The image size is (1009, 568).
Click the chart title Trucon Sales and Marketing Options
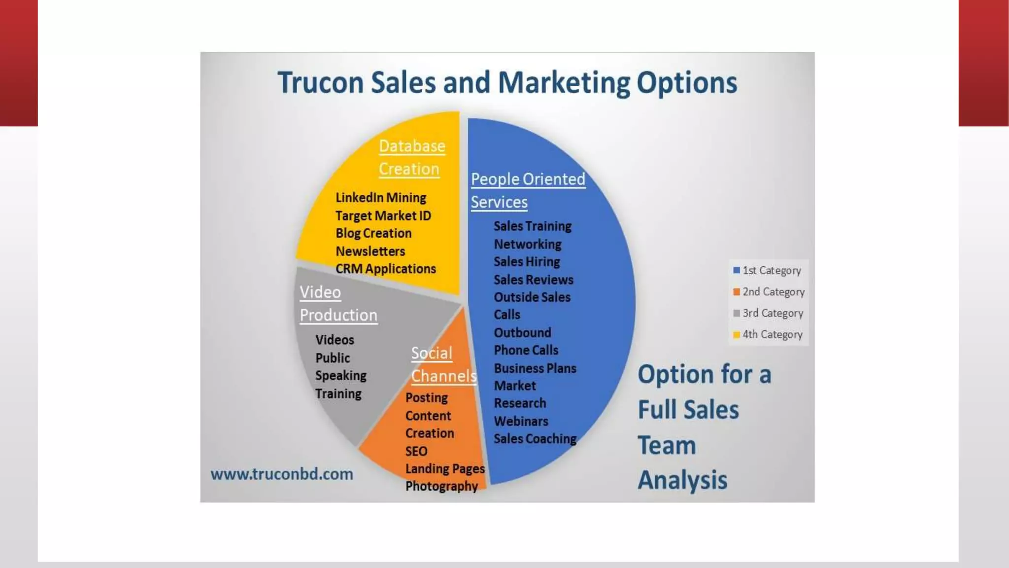[507, 82]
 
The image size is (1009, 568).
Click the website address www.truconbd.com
[282, 474]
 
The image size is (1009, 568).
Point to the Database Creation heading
[411, 157]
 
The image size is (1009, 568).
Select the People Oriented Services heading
[527, 190]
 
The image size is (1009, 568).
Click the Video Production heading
[338, 303]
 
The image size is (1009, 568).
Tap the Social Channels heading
[443, 364]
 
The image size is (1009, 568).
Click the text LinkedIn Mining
[381, 198]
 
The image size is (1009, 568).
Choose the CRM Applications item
[386, 269]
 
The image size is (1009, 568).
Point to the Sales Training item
[533, 226]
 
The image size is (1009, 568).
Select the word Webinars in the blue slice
[521, 421]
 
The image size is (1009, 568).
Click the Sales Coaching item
[535, 438]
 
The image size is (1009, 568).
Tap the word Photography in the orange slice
[441, 486]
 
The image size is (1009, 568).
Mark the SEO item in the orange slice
[416, 451]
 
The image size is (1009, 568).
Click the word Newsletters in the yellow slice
[370, 251]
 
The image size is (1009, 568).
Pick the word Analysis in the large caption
[682, 480]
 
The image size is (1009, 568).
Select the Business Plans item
[535, 368]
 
